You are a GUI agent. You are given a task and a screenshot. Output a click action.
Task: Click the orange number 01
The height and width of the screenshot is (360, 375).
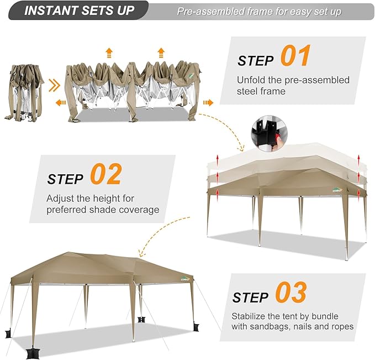click(295, 55)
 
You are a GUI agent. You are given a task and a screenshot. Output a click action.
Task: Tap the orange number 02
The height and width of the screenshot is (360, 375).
click(106, 174)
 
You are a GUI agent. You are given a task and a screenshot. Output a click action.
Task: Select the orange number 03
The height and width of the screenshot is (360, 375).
click(291, 292)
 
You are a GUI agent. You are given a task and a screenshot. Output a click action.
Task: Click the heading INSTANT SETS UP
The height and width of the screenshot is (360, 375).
click(80, 11)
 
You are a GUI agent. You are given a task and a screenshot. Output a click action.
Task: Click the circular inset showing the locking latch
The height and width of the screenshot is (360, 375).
click(270, 133)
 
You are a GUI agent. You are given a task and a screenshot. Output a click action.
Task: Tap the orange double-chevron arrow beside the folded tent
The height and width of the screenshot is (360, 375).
click(54, 86)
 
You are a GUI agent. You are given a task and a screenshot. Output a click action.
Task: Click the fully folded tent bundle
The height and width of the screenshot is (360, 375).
click(24, 92)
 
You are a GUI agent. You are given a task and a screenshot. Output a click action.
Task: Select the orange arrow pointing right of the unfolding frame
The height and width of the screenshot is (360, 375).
click(208, 103)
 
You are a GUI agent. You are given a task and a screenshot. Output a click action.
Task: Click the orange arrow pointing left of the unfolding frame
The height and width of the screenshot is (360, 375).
click(61, 103)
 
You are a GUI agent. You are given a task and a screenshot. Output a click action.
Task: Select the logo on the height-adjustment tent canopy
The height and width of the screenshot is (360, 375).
click(337, 190)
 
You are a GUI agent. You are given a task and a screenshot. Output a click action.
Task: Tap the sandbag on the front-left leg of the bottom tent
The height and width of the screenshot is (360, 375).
click(33, 354)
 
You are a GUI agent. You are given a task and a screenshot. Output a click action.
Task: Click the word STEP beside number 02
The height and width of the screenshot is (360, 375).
click(65, 179)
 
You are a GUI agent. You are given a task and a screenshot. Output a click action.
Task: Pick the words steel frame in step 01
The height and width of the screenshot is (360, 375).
click(261, 91)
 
